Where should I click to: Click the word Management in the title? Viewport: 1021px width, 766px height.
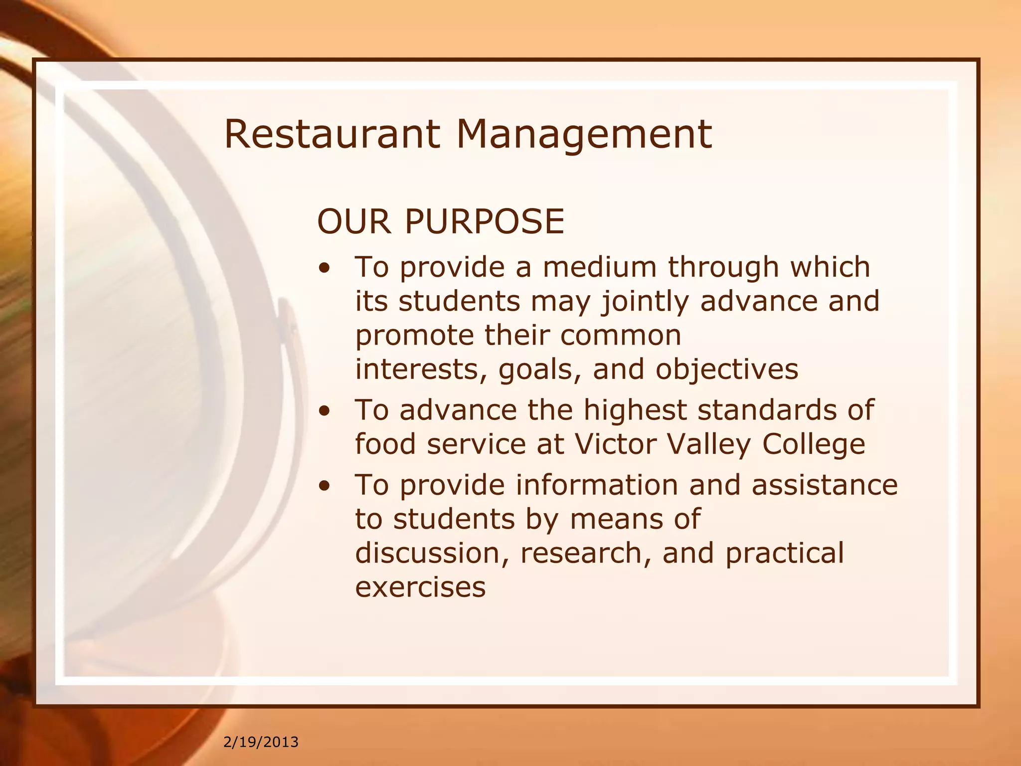(x=584, y=135)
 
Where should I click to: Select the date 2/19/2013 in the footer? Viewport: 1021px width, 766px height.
(x=261, y=742)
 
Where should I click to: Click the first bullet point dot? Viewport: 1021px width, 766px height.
(x=325, y=270)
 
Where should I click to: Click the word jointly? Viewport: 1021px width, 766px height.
(x=645, y=302)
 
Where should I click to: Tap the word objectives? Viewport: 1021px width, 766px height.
(x=726, y=370)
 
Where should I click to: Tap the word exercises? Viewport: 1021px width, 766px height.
(x=420, y=587)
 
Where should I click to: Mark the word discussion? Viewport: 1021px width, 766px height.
(x=432, y=554)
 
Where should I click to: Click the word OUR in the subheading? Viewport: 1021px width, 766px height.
(x=354, y=221)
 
